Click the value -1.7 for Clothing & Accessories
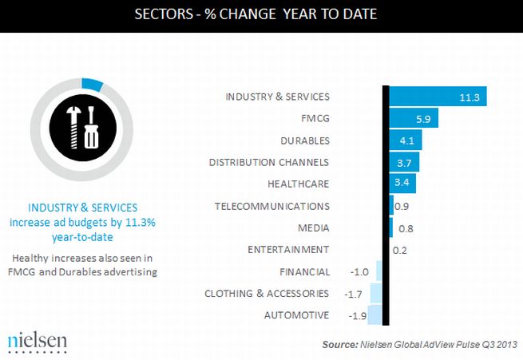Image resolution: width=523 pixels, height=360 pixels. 352,293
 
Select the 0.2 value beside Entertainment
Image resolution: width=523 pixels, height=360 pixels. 401,250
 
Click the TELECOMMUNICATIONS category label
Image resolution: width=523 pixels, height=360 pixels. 272,206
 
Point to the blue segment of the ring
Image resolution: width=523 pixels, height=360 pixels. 93,84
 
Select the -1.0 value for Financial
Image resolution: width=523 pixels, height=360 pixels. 359,271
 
